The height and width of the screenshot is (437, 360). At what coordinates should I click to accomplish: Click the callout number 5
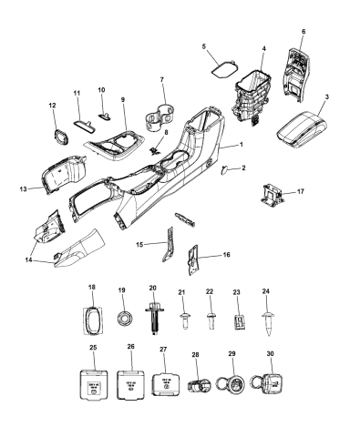pos(205,46)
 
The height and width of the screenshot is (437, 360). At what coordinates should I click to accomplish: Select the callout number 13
pos(22,188)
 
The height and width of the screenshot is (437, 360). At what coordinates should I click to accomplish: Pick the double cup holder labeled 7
pos(160,118)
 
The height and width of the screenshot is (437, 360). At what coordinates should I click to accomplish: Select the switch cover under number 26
pos(130,383)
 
